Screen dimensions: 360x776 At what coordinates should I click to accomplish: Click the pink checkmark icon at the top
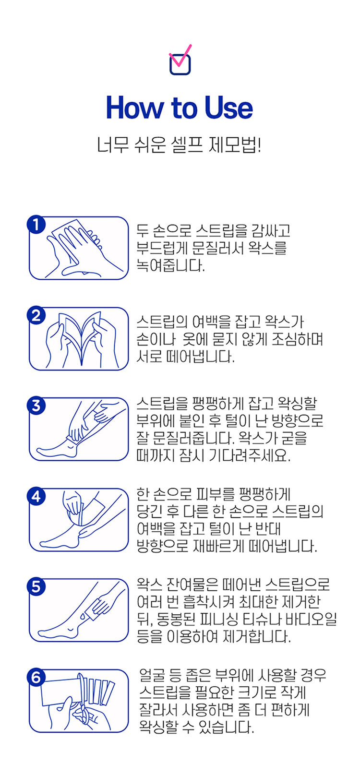180,56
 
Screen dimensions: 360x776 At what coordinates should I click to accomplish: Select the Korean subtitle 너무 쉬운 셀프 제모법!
179,144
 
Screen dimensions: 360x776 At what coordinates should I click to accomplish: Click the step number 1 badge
36,225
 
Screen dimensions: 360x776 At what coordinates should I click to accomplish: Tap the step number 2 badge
36,315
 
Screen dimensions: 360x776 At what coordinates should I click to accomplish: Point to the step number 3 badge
36,406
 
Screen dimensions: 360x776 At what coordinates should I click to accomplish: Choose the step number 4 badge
36,496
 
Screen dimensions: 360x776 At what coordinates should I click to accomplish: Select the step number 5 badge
36,587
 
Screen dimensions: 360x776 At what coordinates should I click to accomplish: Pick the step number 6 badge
36,678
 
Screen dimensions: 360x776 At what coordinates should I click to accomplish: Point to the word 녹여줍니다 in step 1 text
170,266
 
